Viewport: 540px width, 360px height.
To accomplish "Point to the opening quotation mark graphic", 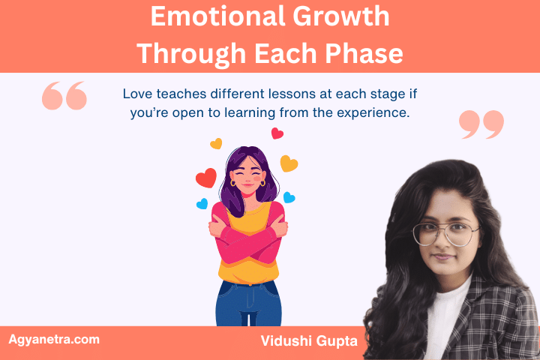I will (64, 96).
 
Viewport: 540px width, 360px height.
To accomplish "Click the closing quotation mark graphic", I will (481, 124).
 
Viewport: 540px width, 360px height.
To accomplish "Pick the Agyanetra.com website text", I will (54, 339).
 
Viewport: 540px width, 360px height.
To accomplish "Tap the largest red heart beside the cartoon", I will (205, 178).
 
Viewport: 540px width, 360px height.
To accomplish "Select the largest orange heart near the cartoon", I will (289, 163).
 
